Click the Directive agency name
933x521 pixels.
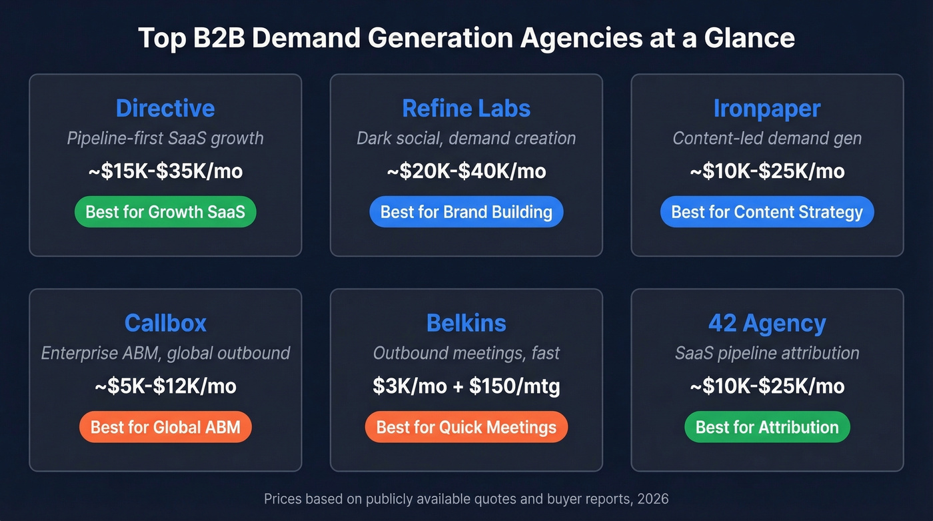click(165, 108)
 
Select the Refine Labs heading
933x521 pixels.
click(467, 108)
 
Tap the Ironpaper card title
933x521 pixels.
click(767, 108)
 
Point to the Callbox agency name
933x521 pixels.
click(165, 323)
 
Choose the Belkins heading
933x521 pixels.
click(467, 323)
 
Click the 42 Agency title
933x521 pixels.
click(767, 323)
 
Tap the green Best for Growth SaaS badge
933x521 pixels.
click(165, 212)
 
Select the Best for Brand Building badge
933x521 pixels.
click(467, 212)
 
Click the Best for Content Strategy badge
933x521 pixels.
click(767, 212)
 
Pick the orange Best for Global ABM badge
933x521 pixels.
click(165, 427)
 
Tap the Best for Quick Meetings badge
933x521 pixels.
click(467, 427)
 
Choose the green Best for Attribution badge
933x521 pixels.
click(767, 427)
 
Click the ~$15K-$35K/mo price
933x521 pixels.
click(165, 171)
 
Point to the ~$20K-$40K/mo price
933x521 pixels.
click(467, 171)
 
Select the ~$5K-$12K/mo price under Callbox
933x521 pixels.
click(165, 386)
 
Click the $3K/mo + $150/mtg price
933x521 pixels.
click(467, 386)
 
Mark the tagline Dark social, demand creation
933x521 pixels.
click(467, 139)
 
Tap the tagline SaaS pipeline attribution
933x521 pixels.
click(767, 353)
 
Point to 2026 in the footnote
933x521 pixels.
click(652, 498)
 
